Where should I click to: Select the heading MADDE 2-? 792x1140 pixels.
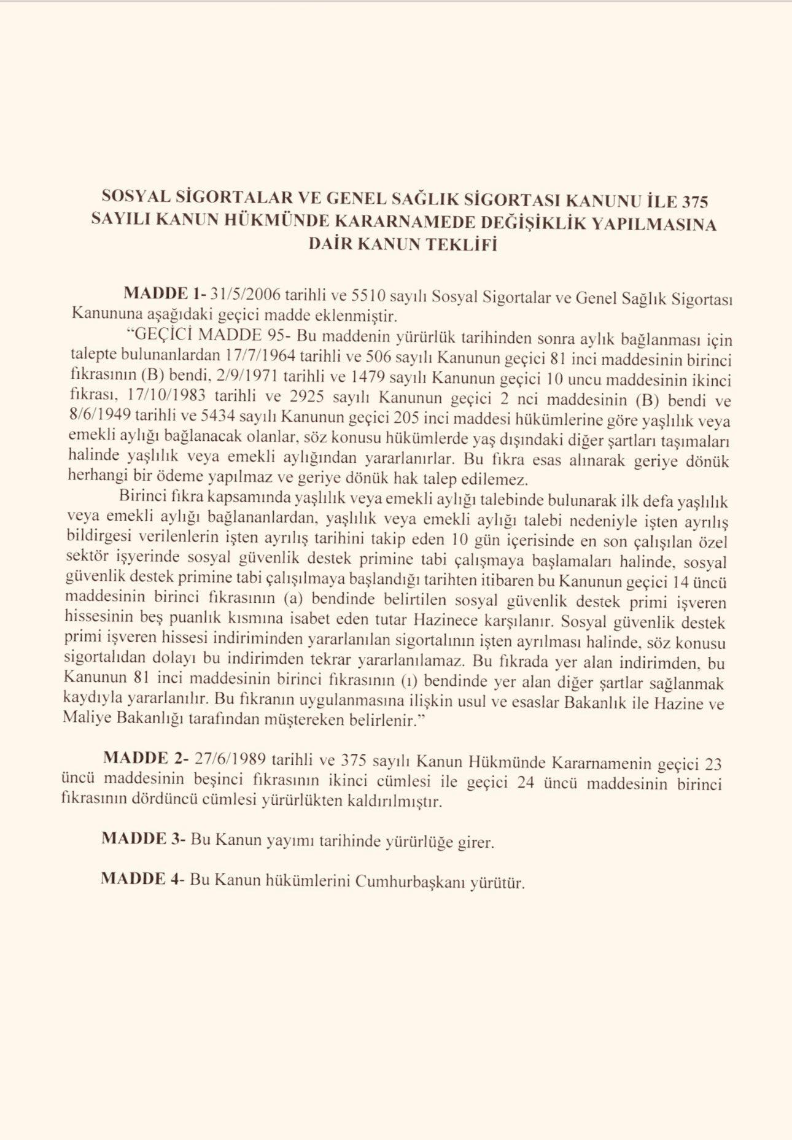(146, 759)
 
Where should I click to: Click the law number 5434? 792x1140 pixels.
(218, 417)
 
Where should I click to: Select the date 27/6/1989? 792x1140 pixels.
(230, 759)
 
